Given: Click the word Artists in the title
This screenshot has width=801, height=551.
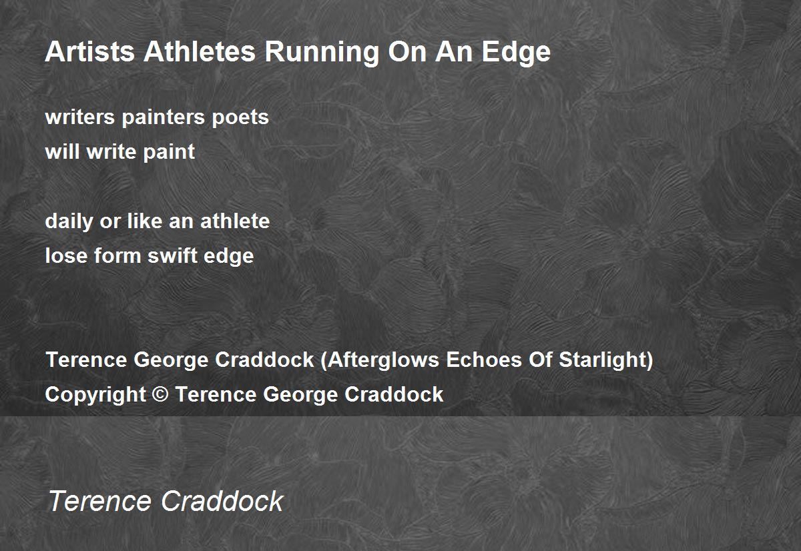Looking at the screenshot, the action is click(x=89, y=51).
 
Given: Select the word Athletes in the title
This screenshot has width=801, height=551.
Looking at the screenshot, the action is click(x=200, y=51).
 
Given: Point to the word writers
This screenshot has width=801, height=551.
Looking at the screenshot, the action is click(x=79, y=117).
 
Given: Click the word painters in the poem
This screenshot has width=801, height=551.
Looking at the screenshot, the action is click(x=164, y=118).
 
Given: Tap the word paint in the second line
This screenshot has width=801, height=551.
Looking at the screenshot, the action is click(x=169, y=153).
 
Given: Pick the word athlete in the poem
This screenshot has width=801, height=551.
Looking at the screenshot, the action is click(x=235, y=221).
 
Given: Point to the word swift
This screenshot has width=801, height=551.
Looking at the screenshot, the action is click(x=172, y=255).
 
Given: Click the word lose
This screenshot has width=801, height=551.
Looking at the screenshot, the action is click(x=66, y=255).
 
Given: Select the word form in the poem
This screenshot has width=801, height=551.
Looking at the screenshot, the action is click(x=117, y=255).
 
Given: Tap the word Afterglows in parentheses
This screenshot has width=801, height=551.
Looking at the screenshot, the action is click(x=383, y=360).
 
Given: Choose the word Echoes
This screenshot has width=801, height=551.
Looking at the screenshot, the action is click(x=484, y=360).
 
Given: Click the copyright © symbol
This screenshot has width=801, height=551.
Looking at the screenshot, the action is click(x=161, y=394).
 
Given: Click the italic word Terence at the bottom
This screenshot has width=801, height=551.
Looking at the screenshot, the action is click(x=99, y=501).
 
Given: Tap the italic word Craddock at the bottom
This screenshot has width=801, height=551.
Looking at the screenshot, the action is click(x=222, y=501).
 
